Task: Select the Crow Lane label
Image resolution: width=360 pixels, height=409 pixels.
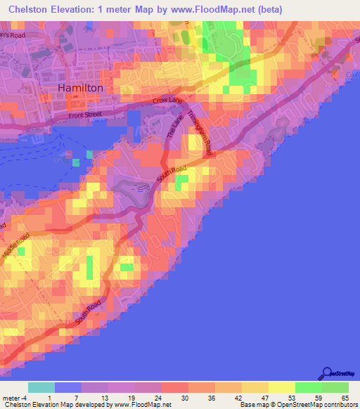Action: coord(167,101)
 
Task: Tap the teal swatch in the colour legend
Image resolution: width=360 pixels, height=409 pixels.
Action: coord(41,387)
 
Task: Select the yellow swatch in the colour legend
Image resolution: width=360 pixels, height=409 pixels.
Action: coord(282,387)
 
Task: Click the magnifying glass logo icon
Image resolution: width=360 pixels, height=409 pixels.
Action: coord(326,374)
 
